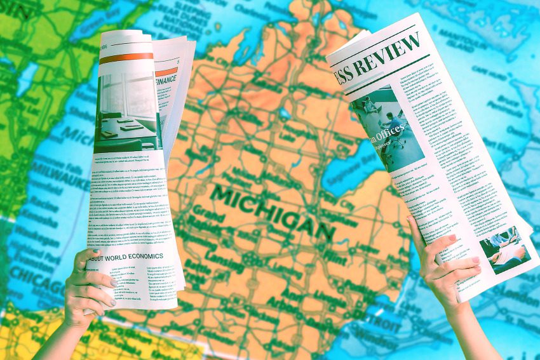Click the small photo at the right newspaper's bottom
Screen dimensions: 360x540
pyautogui.click(x=505, y=248)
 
